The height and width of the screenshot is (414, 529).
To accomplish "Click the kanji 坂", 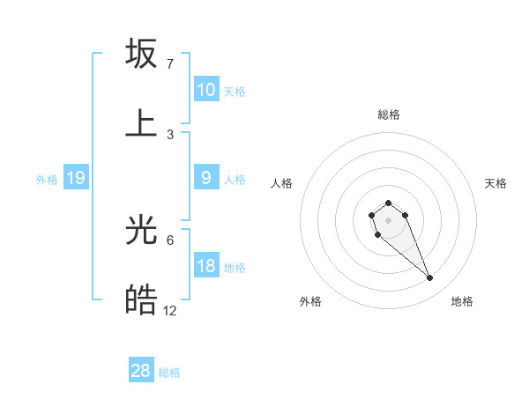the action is tap(141, 54).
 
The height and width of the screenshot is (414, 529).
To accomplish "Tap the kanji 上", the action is tap(141, 122).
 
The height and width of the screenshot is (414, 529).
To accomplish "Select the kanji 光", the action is tap(141, 231).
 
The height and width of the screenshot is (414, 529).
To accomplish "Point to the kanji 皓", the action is tap(141, 300).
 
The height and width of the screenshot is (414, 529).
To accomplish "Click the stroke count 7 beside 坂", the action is tap(170, 64).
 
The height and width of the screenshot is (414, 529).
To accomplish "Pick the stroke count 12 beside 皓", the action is tap(170, 310).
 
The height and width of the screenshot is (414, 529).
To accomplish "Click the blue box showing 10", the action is tap(206, 89).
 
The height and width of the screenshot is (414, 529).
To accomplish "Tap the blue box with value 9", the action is tap(206, 178).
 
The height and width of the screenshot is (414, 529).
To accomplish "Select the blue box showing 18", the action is tap(206, 266).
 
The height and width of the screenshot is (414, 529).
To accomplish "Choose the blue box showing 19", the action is tap(76, 178).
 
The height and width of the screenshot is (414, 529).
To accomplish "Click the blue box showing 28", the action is tap(141, 371).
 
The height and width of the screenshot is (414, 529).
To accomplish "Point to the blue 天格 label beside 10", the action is tap(235, 91).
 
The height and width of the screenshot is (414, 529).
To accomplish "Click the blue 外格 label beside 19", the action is tap(47, 180).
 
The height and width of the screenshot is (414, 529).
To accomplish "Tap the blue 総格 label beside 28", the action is tap(169, 373).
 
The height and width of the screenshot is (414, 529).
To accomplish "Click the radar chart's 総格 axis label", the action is tap(389, 115).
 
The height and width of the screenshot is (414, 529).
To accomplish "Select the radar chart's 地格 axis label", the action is tap(462, 301).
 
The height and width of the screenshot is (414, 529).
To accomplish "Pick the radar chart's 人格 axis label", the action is tap(282, 183).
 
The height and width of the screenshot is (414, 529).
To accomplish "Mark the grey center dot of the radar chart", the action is tap(389, 219).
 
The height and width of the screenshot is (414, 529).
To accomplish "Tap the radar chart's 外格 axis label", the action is tap(310, 301).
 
